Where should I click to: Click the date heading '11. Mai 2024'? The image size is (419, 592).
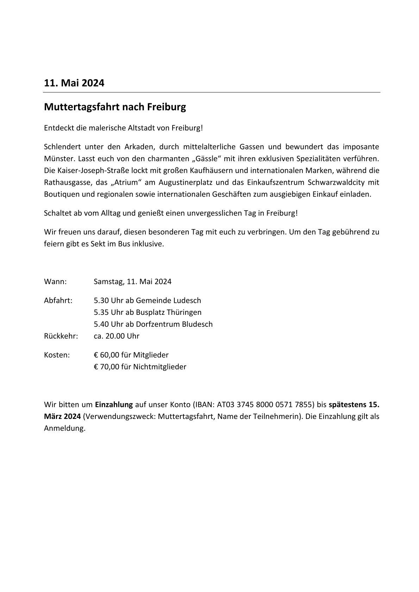point(74,83)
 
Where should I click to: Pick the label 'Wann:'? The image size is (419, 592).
point(55,282)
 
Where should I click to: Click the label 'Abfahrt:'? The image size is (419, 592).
point(58,301)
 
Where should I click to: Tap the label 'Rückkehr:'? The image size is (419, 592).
point(61,336)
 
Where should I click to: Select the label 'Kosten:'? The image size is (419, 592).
point(57,355)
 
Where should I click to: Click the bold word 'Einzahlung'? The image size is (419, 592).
point(114,405)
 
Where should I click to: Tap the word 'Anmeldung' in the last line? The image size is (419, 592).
point(64,429)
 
